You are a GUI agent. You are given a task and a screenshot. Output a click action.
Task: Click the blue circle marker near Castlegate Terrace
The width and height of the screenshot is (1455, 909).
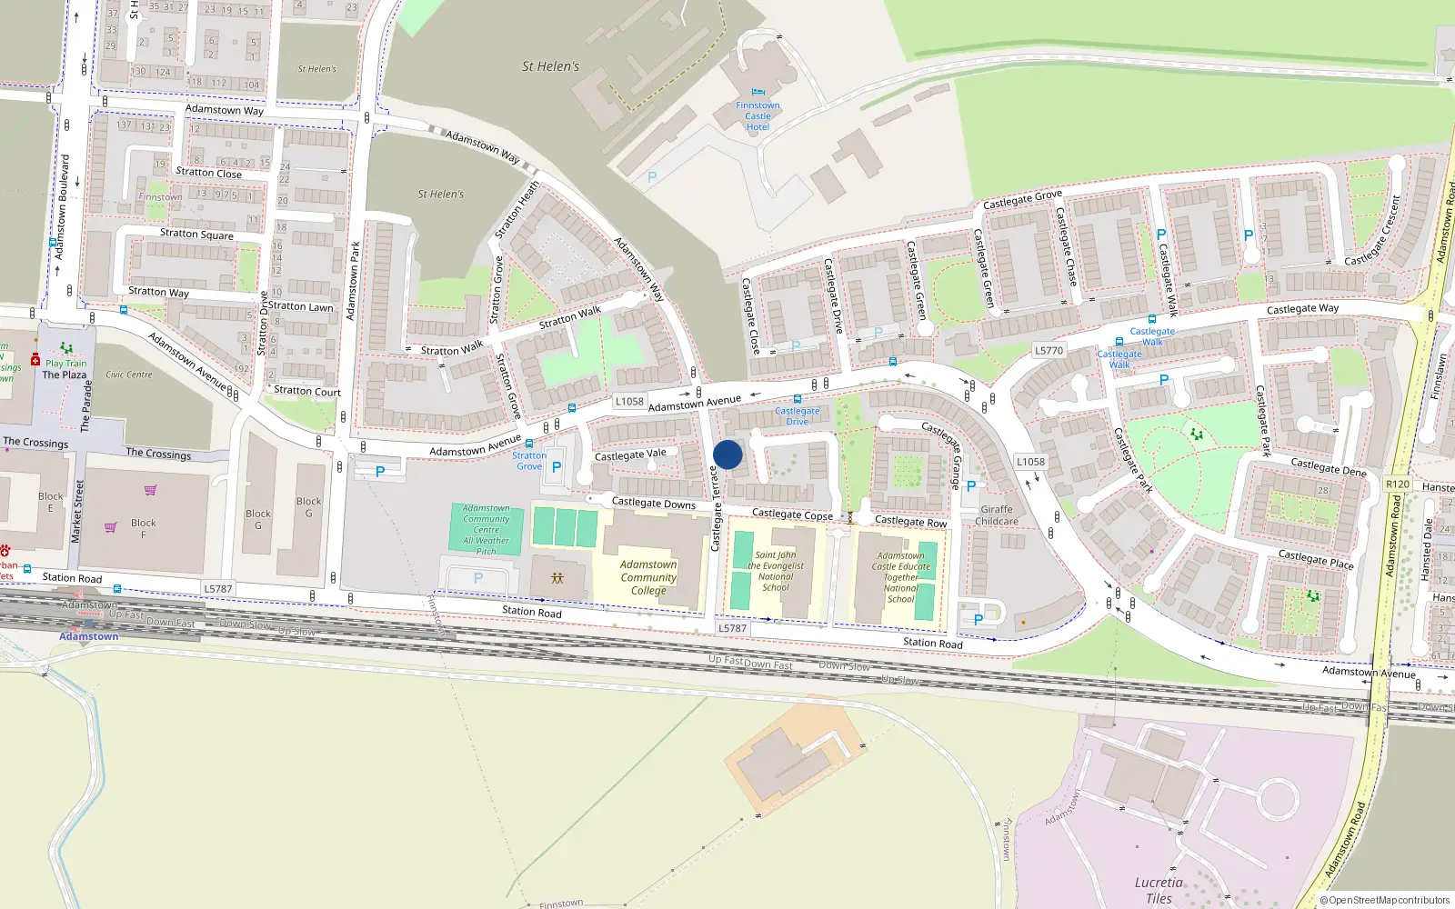coord(727,454)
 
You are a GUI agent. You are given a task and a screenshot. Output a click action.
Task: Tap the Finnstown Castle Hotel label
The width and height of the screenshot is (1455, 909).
coord(758,116)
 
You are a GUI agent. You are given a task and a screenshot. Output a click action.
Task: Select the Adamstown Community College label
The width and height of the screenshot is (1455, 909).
coord(648,577)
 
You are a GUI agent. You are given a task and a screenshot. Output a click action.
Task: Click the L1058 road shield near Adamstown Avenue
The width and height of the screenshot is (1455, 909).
coord(629,401)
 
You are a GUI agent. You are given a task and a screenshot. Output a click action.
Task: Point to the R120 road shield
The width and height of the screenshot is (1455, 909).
coord(1397,484)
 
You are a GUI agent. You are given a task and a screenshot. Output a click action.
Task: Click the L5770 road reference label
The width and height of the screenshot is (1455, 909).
coord(1049,350)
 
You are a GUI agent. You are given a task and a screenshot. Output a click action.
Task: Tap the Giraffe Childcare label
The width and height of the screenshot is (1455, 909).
coord(997,515)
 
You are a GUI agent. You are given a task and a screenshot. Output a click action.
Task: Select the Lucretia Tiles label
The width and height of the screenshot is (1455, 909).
coord(1159,890)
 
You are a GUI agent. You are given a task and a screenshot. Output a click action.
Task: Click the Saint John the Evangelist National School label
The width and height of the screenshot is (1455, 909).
coord(776,571)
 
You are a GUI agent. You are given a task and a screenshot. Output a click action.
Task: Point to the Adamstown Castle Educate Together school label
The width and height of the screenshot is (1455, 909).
coord(901,577)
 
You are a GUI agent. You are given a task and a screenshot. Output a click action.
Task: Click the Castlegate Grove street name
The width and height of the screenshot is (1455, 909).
coord(1022,199)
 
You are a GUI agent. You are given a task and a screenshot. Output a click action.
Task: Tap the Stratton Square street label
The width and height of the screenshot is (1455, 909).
coord(196,234)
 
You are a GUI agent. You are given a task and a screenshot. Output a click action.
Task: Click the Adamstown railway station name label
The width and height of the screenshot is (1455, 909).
coord(89,636)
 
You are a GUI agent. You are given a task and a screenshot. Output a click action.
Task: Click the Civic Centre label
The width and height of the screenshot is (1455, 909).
coord(129,374)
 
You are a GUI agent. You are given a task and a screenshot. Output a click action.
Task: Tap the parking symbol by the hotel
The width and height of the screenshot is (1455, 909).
coord(651,177)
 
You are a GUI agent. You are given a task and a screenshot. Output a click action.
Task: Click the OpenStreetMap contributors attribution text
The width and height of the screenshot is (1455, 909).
coord(1385,900)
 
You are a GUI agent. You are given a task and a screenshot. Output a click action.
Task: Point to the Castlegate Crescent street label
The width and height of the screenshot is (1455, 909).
coord(1380,232)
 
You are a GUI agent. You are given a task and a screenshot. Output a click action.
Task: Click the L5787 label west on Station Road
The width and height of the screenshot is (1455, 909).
coord(217,588)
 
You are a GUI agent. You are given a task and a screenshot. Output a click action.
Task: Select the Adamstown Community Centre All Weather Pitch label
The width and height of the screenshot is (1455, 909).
coord(486,530)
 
